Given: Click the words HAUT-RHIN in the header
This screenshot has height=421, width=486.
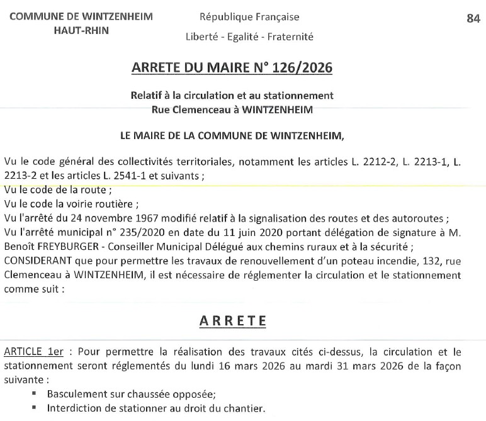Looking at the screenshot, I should click(x=81, y=30).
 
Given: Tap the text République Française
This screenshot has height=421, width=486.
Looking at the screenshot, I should click(x=249, y=17).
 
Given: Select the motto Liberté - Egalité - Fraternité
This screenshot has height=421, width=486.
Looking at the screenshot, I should click(x=249, y=36).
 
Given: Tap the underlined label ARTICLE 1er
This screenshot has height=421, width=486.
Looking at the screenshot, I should click(x=33, y=352).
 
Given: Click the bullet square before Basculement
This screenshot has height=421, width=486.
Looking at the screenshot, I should click(x=35, y=394).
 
